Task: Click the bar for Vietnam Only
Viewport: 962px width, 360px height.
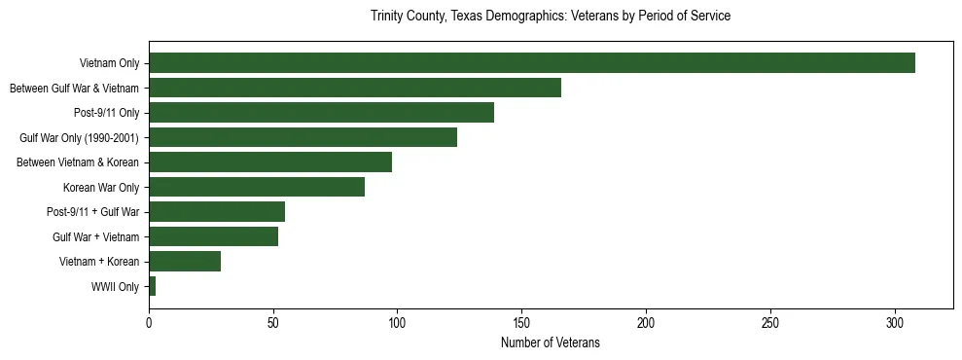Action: [532, 63]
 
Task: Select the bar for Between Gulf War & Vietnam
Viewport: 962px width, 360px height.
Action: [355, 89]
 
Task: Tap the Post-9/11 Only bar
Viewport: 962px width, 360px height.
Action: [321, 113]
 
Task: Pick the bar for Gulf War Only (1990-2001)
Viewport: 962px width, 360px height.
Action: [303, 138]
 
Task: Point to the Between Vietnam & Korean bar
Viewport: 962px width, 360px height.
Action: [270, 162]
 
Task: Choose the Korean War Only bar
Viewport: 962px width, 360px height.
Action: [257, 187]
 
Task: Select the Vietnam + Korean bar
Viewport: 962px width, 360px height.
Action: [185, 262]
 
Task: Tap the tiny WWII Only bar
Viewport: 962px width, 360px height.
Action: [152, 286]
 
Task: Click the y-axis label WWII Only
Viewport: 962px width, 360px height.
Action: [115, 287]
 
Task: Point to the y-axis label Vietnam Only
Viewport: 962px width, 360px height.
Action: [109, 64]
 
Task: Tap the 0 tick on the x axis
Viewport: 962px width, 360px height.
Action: [149, 322]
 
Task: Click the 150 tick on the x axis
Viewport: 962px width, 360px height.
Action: [522, 322]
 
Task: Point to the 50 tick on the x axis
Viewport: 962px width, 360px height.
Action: [273, 322]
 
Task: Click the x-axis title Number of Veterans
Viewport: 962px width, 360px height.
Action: [550, 343]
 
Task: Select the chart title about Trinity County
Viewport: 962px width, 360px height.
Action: [550, 17]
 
